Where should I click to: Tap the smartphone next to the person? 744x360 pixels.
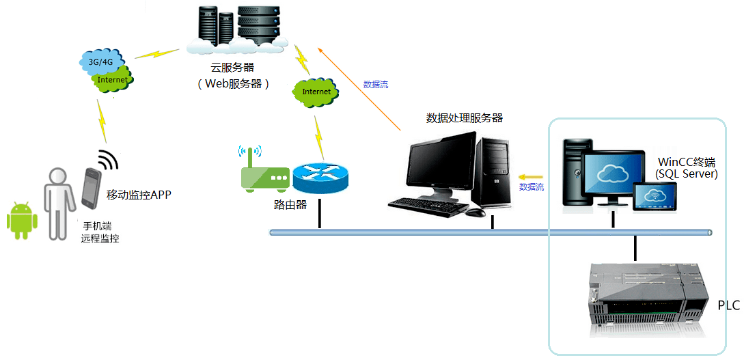click(x=92, y=187)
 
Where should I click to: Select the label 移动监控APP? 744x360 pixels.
click(x=139, y=195)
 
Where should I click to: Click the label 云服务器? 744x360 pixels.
click(x=232, y=68)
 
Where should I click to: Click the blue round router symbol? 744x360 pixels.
click(x=320, y=176)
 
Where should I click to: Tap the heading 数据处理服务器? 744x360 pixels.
click(x=464, y=117)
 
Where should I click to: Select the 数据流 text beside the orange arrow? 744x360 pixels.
click(x=375, y=85)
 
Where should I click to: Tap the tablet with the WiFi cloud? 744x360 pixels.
click(x=655, y=196)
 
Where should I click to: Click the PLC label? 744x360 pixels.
click(x=728, y=305)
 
